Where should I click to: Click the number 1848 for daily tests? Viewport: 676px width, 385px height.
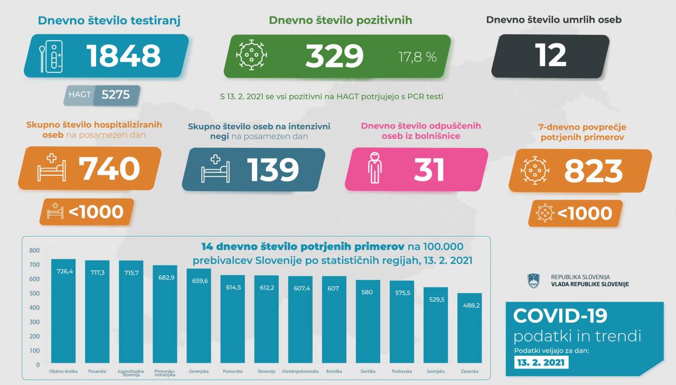[124, 56]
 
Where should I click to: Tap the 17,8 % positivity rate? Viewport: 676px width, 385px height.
[417, 57]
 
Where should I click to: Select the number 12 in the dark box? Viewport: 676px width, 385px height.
[550, 55]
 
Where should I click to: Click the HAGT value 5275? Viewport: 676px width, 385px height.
[115, 95]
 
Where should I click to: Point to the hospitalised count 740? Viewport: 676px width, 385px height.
[109, 169]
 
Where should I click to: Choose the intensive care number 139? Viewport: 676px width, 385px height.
[273, 170]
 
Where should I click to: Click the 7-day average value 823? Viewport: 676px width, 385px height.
[593, 171]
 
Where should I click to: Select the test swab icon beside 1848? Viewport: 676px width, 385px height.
[51, 57]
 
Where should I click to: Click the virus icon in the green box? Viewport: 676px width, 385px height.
[251, 55]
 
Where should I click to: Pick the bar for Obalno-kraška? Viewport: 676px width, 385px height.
[63, 312]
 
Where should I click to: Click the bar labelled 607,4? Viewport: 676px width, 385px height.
[301, 320]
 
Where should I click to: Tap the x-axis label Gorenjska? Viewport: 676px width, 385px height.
[199, 371]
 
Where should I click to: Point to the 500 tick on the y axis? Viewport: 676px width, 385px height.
[34, 293]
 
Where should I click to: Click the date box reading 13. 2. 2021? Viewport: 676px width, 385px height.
[541, 363]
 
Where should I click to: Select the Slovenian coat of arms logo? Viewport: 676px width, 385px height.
[533, 280]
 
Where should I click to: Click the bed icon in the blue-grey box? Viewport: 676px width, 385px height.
[215, 168]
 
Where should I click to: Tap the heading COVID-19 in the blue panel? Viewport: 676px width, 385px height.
[560, 315]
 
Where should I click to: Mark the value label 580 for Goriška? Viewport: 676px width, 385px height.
[368, 292]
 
